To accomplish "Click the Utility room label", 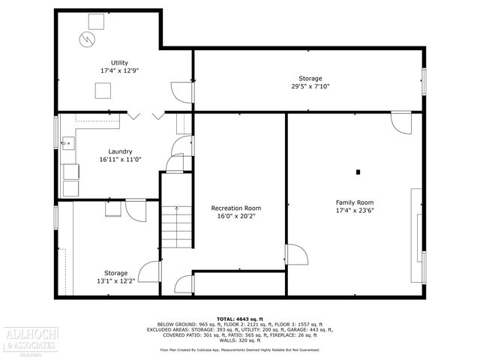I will click(119, 62).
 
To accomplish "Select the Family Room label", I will click(354, 202).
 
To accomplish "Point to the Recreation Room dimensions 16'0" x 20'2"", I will click(236, 216).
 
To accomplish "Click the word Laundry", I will click(120, 151).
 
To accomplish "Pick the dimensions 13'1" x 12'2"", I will click(115, 281).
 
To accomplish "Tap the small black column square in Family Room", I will click(358, 172).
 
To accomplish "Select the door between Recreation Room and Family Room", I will click(295, 255).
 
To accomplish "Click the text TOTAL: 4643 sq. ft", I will click(239, 318).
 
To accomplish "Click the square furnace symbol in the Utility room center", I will click(103, 91).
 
